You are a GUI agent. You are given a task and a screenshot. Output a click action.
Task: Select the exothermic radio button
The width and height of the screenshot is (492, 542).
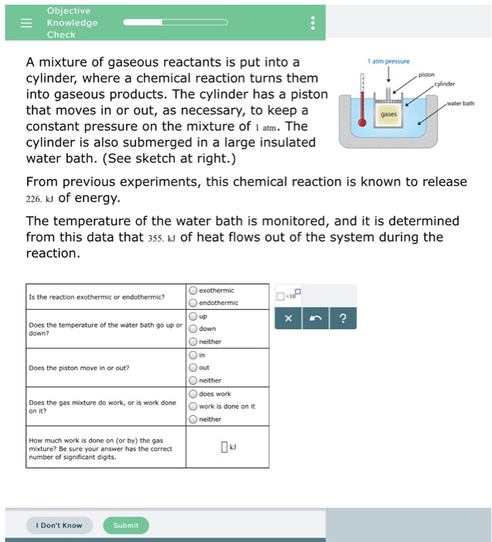(x=193, y=290)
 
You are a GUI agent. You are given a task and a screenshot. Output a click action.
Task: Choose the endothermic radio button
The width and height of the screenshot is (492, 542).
(x=193, y=303)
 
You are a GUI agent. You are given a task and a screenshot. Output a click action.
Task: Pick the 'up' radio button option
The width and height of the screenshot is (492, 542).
(x=193, y=317)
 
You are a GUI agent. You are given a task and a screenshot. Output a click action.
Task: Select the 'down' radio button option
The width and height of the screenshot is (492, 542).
(x=193, y=329)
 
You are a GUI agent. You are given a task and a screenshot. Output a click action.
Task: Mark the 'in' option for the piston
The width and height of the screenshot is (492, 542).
(x=193, y=355)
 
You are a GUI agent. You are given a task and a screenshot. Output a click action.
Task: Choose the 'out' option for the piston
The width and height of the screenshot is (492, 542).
(x=193, y=368)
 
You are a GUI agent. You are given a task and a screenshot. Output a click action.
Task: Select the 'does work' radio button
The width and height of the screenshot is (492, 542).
(x=193, y=394)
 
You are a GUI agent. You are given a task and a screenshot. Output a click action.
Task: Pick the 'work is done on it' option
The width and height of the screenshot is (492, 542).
(x=193, y=406)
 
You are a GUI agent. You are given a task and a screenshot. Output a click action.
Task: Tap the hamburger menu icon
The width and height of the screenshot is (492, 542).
(x=26, y=23)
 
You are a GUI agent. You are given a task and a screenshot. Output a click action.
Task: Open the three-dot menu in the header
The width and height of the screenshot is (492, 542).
(x=313, y=23)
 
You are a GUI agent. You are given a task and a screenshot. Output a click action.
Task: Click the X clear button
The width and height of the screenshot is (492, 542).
(x=288, y=318)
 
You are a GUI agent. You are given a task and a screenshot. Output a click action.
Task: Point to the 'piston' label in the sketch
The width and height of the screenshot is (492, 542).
(x=427, y=75)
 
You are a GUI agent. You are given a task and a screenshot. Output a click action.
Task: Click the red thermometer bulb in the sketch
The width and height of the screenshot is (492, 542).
(x=361, y=122)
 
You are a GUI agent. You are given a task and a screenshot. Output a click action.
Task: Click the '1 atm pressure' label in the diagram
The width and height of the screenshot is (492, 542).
(x=390, y=60)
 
